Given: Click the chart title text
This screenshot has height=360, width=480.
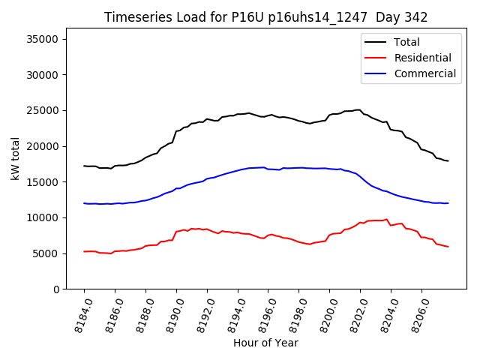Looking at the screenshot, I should [265, 17].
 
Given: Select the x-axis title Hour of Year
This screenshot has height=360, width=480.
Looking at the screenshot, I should [265, 343].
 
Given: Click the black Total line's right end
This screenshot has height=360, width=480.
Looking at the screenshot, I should [448, 161].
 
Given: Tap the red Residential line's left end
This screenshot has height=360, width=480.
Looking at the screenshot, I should [84, 251].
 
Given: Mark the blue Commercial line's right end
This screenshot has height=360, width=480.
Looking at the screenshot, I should [448, 203].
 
